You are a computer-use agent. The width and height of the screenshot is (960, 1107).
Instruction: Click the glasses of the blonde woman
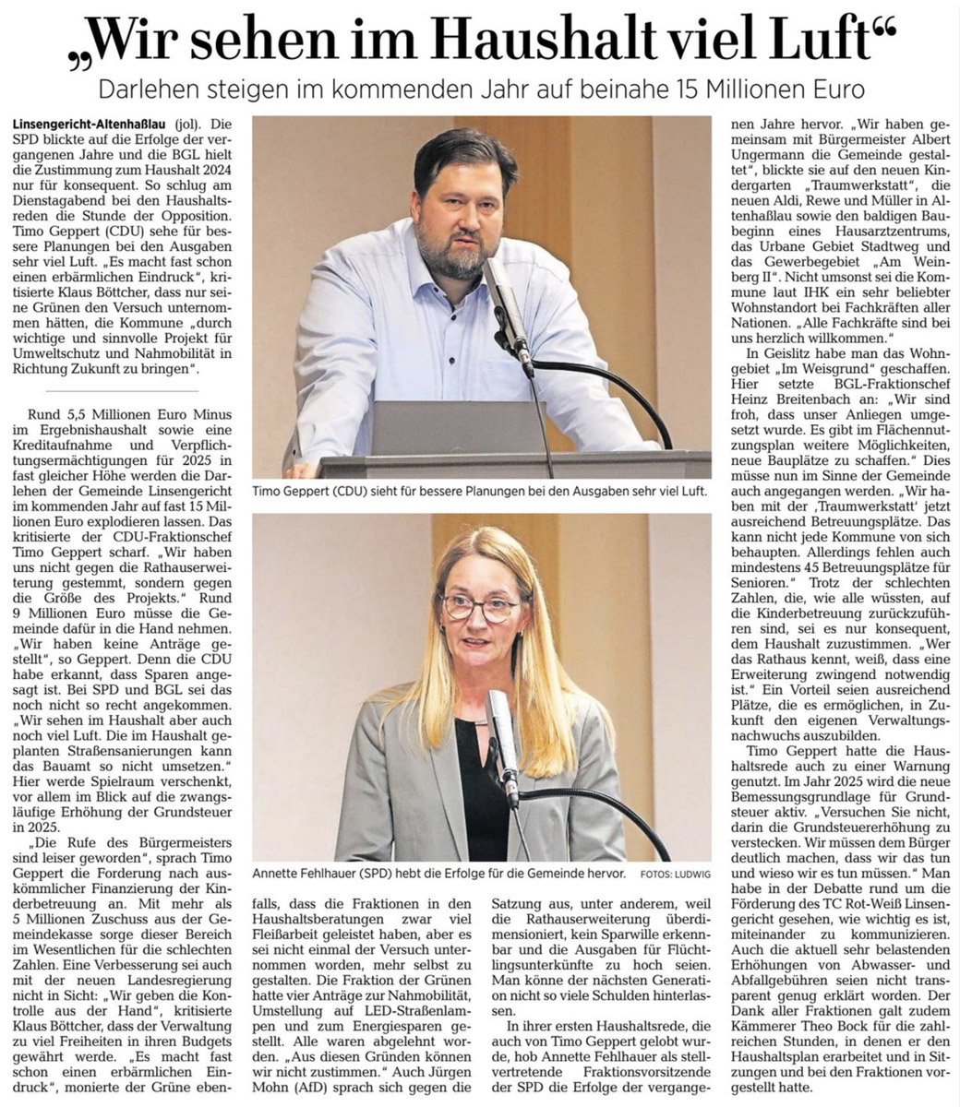480,607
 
